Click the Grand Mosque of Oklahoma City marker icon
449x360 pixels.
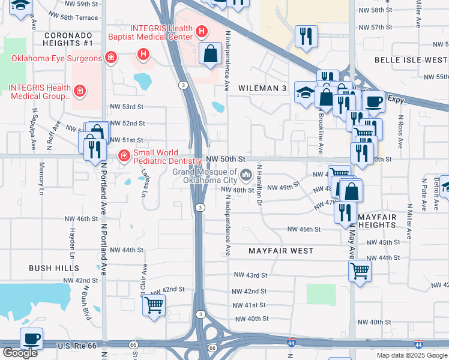(246, 175)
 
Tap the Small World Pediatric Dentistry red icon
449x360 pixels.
(124, 156)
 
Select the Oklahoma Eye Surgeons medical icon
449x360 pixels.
(110, 58)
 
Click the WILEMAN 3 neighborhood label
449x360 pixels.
(262, 88)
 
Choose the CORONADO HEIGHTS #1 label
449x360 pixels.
(68, 39)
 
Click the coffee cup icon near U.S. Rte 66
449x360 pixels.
(31, 338)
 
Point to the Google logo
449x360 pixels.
(20, 352)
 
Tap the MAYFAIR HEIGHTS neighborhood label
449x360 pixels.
(377, 220)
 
